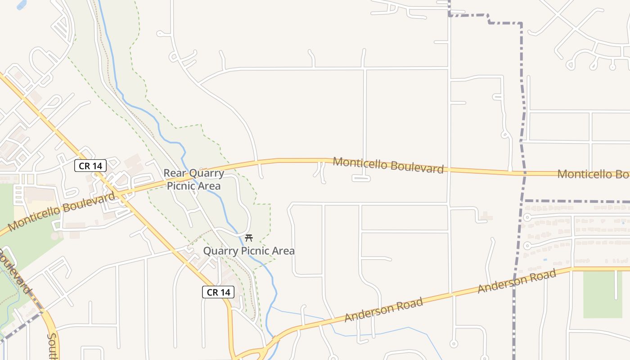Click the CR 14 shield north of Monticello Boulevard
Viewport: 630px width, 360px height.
click(x=90, y=166)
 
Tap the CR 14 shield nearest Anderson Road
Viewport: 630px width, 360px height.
click(x=218, y=292)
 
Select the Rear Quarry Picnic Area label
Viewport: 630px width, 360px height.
click(x=194, y=179)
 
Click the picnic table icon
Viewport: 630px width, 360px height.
click(x=248, y=238)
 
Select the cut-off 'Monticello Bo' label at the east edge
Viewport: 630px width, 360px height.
click(x=593, y=174)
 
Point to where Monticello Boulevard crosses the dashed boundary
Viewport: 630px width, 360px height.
click(x=524, y=173)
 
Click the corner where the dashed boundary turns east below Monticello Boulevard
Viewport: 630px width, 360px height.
click(x=525, y=201)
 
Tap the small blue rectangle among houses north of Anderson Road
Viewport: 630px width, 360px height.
click(x=545, y=260)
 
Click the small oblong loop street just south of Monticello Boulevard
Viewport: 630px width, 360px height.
click(x=361, y=179)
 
